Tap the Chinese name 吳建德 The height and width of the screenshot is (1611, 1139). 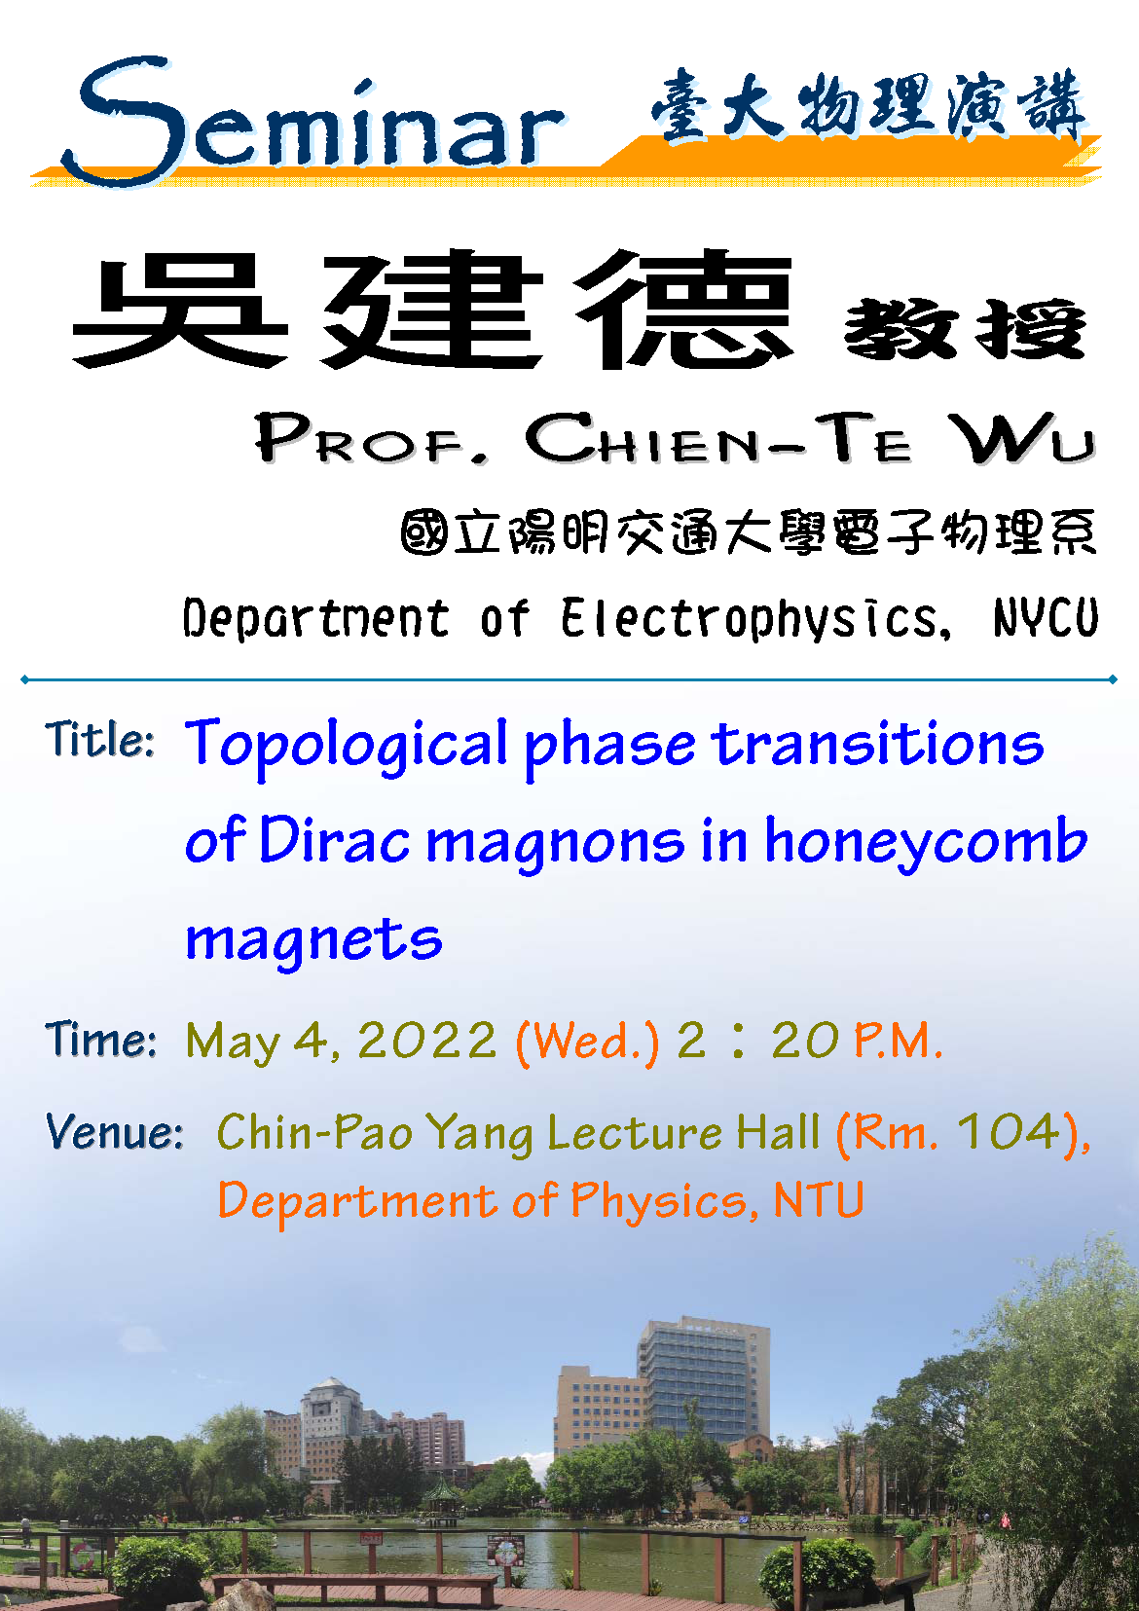pos(431,310)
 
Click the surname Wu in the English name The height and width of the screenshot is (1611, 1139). pos(1022,438)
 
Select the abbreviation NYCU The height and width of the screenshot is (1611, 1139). pos(1046,617)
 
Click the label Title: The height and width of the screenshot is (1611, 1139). pos(100,739)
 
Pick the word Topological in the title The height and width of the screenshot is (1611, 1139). pos(347,746)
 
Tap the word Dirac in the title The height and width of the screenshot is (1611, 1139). pos(334,839)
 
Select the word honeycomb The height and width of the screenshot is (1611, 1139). pos(926,844)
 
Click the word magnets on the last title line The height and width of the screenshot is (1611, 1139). pos(313,941)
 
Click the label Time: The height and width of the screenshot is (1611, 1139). pos(100,1040)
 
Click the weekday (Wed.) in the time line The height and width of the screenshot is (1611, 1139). pos(587,1043)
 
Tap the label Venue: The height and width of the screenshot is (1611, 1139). pos(115,1132)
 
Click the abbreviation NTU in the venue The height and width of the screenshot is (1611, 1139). pos(819,1199)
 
